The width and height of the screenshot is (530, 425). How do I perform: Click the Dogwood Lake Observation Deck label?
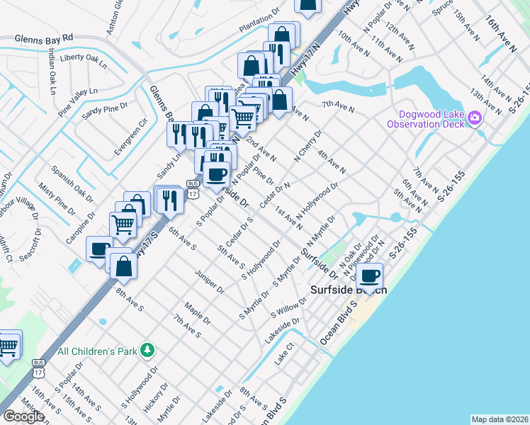[425, 118]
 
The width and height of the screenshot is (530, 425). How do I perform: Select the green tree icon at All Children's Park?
[147, 349]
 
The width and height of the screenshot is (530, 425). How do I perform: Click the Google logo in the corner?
[23, 416]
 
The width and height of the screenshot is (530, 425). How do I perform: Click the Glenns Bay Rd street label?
[43, 37]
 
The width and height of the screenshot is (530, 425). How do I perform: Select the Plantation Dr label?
[261, 25]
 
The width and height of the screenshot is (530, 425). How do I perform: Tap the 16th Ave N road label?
[502, 35]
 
